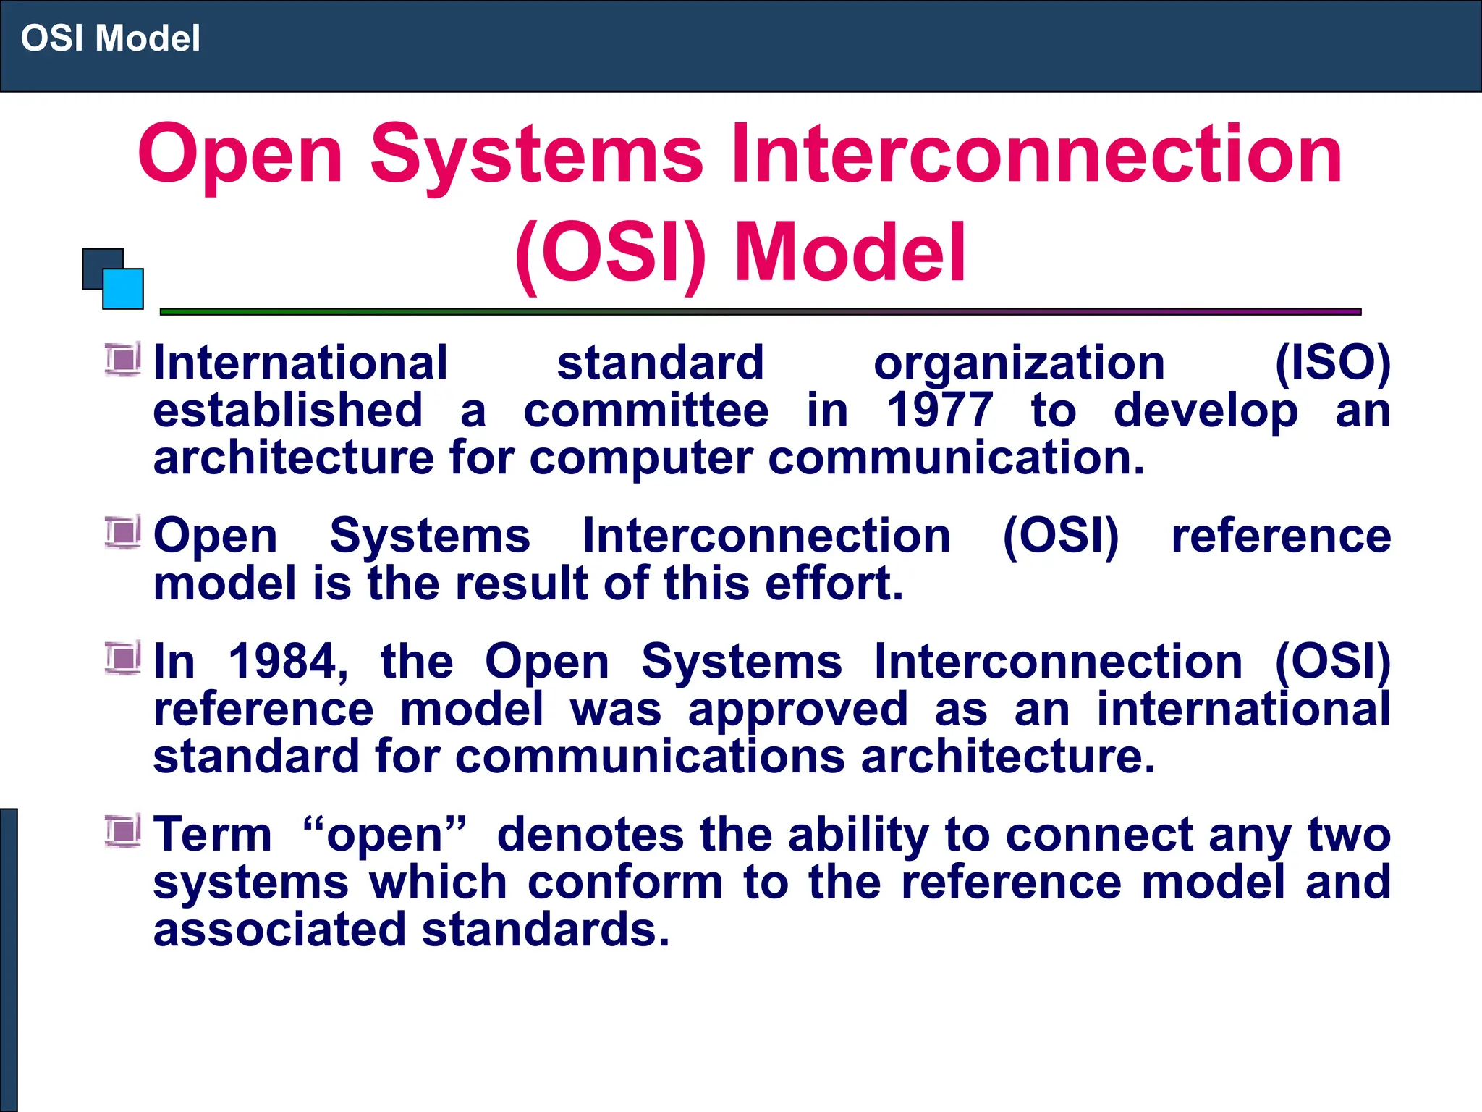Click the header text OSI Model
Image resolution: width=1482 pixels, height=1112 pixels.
pos(110,38)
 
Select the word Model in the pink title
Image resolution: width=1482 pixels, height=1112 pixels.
pos(850,253)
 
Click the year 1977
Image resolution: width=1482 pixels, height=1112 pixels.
pos(940,410)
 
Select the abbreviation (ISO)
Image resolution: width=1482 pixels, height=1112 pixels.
pos(1331,363)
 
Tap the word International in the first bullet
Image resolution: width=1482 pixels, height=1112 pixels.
pos(300,363)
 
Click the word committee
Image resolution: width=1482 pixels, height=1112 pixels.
pos(645,410)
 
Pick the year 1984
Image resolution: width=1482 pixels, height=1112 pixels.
pos(287,661)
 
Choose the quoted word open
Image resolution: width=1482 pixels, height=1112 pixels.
pos(384,835)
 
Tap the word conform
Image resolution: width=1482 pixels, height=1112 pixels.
pos(625,883)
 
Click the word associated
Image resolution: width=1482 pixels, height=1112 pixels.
pos(279,930)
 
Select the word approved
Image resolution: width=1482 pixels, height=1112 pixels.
pos(797,709)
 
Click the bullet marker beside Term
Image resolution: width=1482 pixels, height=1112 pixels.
pos(122,830)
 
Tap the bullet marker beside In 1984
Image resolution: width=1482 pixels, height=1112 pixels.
pos(122,657)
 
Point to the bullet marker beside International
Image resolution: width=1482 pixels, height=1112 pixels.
pos(122,359)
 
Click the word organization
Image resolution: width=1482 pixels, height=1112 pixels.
pos(1019,363)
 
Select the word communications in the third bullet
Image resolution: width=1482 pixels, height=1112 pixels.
pos(650,757)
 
